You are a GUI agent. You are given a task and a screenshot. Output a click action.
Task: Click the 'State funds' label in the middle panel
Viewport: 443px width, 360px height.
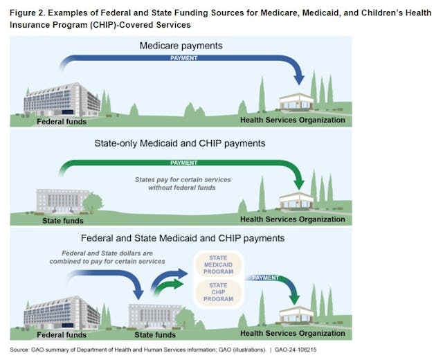coord(59,221)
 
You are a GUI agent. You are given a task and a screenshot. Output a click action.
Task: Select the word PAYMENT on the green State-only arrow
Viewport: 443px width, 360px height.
coord(184,163)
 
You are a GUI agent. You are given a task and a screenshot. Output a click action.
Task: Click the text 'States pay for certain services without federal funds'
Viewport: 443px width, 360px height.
coord(183,183)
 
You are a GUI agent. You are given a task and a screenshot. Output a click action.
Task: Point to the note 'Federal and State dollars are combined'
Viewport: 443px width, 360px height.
coord(107,257)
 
